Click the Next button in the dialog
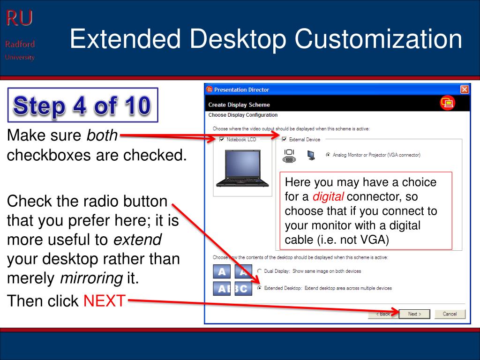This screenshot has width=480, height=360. coord(415,314)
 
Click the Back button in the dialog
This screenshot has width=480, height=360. coord(383,314)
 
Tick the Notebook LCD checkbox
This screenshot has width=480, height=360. coord(222,139)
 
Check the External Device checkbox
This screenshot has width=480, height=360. coord(284,139)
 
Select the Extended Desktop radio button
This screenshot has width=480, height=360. coord(259,288)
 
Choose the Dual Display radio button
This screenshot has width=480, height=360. coord(259,271)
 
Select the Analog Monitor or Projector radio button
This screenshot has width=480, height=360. coord(328,155)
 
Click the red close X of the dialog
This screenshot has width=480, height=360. coord(464,90)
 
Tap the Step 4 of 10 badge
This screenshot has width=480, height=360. coord(82,105)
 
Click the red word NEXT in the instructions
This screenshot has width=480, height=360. coord(105,300)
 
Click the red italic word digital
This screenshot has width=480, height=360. coord(328,196)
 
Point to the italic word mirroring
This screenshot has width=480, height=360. coord(91,278)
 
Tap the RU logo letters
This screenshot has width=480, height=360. coord(19,19)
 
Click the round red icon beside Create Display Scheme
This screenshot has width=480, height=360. coord(447,103)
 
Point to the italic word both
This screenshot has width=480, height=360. coord(101,135)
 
